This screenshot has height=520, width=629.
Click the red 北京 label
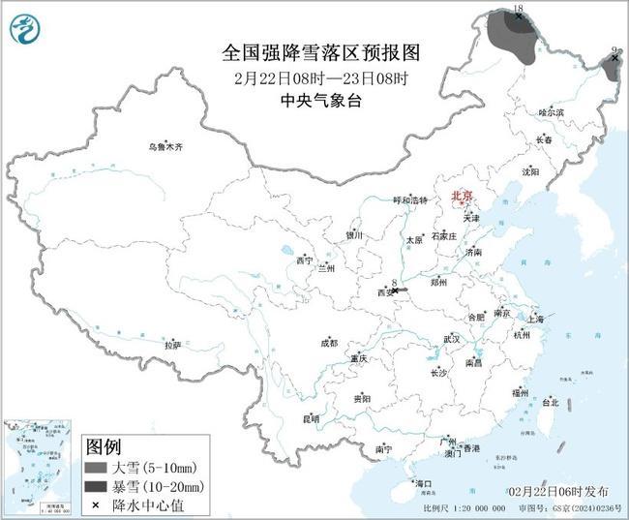point(463,196)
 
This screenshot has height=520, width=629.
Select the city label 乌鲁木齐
point(165,147)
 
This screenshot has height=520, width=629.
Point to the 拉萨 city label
point(172,345)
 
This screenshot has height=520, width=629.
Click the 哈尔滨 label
point(551,113)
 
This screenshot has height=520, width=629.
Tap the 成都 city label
point(329,343)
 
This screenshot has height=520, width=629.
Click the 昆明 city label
point(311,418)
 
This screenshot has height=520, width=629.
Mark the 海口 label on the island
point(424,482)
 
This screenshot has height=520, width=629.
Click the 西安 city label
point(384,291)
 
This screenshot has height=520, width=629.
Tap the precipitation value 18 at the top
point(518,7)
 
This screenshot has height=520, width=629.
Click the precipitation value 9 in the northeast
point(614,49)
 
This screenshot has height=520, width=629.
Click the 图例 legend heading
point(104,448)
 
